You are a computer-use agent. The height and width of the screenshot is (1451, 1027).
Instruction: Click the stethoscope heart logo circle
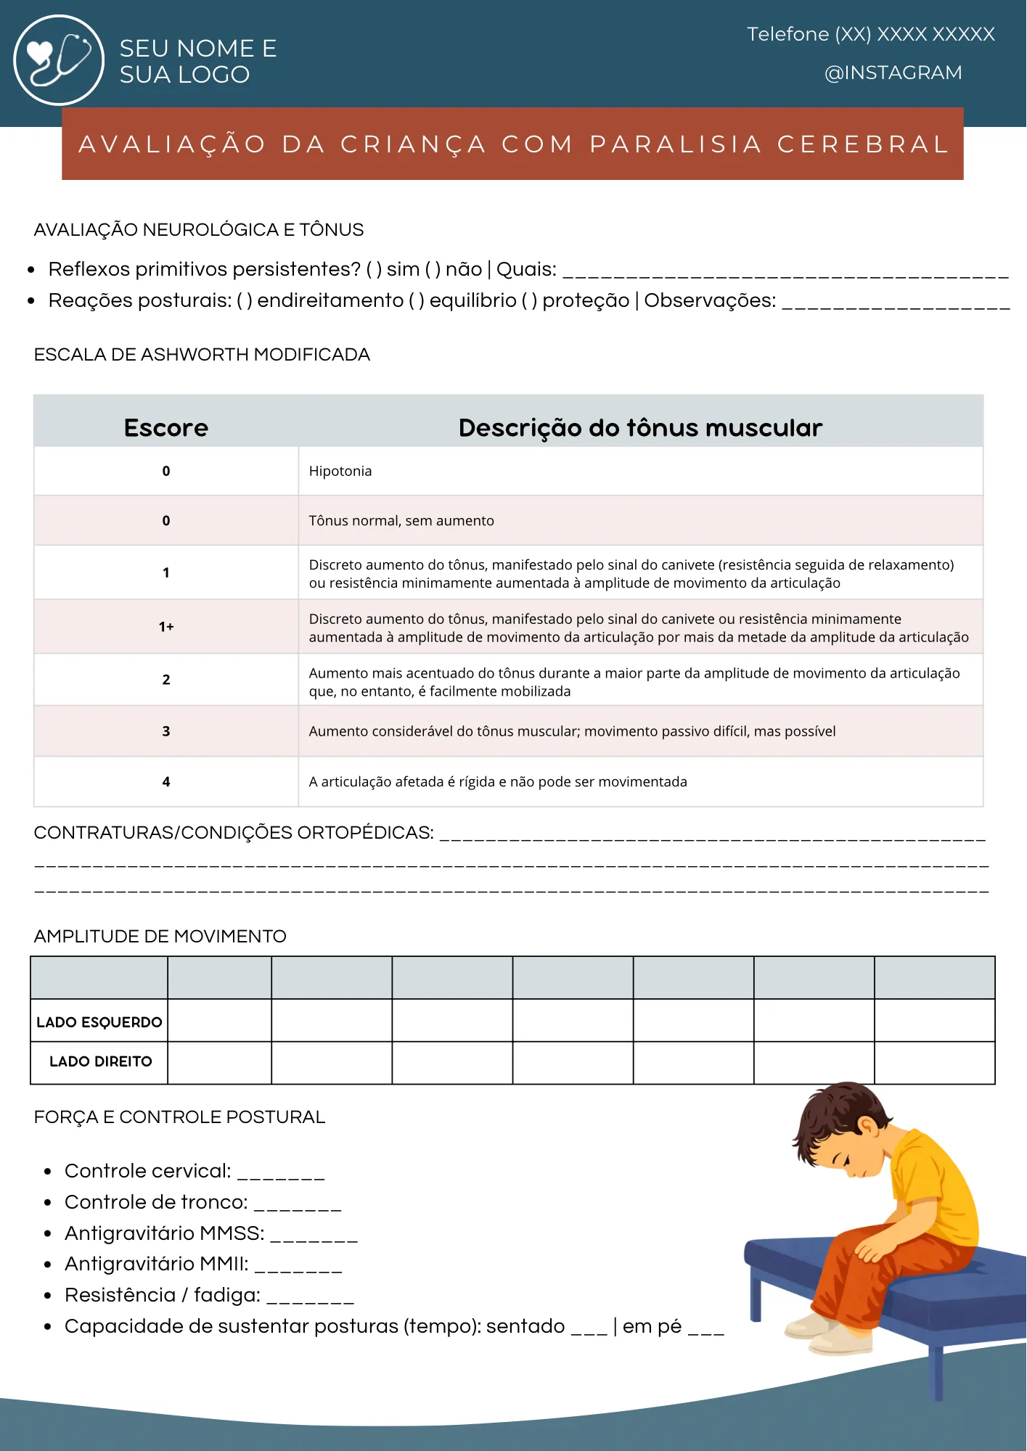tap(59, 60)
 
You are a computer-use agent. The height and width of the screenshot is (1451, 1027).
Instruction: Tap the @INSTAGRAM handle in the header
tap(893, 73)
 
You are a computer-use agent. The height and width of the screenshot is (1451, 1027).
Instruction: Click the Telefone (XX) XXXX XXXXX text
tap(870, 34)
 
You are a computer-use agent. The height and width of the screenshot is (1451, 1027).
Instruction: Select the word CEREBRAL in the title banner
tap(863, 144)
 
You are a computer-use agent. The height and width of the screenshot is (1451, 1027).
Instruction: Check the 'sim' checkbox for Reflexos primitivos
tap(374, 270)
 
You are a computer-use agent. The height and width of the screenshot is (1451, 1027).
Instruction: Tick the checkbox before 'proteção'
tap(529, 301)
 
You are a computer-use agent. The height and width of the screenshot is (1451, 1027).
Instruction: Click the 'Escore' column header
tap(166, 427)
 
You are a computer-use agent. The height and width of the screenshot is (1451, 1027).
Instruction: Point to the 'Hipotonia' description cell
tap(340, 471)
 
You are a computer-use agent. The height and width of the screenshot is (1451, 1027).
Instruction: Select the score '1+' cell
tap(166, 627)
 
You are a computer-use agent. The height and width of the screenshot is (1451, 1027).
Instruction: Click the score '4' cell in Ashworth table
tap(166, 782)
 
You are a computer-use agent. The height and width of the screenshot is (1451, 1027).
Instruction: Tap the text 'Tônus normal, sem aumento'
tap(401, 521)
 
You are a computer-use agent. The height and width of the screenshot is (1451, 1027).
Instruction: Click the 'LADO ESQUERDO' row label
tap(99, 1022)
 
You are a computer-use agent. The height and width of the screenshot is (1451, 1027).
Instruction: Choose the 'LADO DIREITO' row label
tap(100, 1061)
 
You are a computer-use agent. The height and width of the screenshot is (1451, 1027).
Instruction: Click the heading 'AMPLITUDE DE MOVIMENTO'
tap(160, 937)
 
